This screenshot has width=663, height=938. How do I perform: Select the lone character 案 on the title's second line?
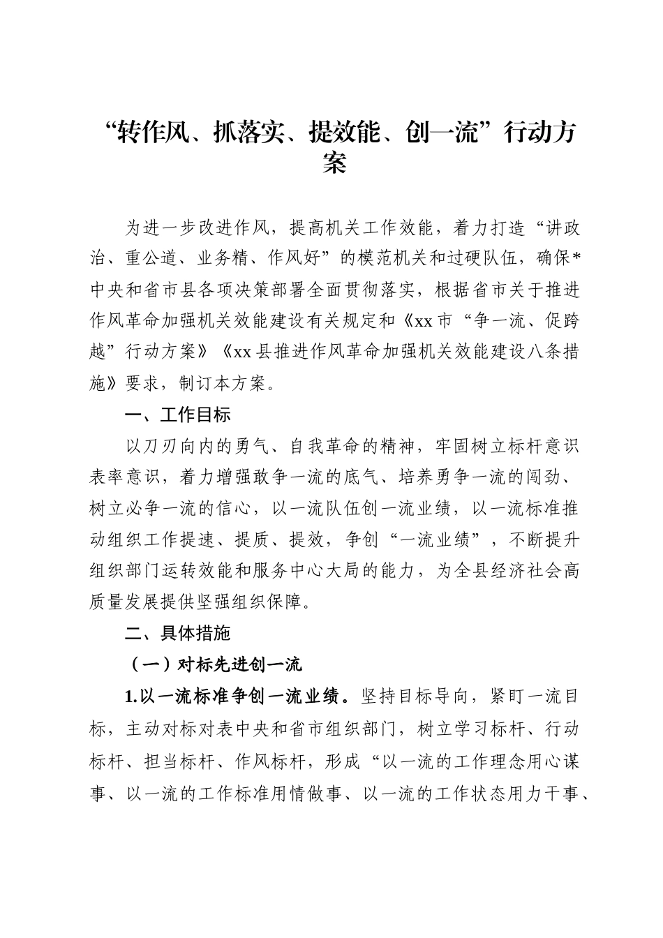(334, 164)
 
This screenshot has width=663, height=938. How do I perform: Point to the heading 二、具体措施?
(178, 633)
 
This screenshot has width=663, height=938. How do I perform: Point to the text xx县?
(251, 352)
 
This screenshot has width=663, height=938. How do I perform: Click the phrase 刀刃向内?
(186, 445)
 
